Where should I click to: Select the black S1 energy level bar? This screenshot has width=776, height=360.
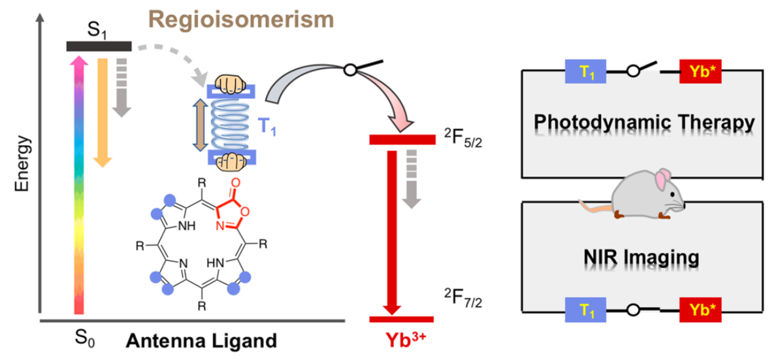coord(99,46)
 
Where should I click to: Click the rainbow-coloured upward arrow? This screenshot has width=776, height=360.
coord(78,183)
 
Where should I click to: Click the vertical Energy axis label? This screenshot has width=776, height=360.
coord(24,163)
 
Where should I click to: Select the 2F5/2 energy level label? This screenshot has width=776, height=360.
coord(464,140)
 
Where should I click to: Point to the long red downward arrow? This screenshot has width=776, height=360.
coord(391,229)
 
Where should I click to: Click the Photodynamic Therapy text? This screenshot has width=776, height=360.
coord(644,122)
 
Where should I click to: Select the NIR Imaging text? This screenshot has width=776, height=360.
coord(641,259)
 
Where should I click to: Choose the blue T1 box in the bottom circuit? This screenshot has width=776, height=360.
coord(586,311)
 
